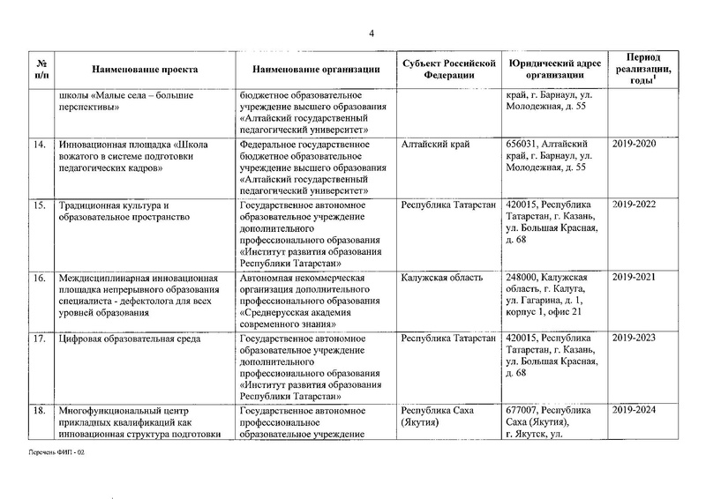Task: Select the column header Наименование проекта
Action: [x=145, y=68]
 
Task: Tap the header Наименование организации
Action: [x=315, y=68]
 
